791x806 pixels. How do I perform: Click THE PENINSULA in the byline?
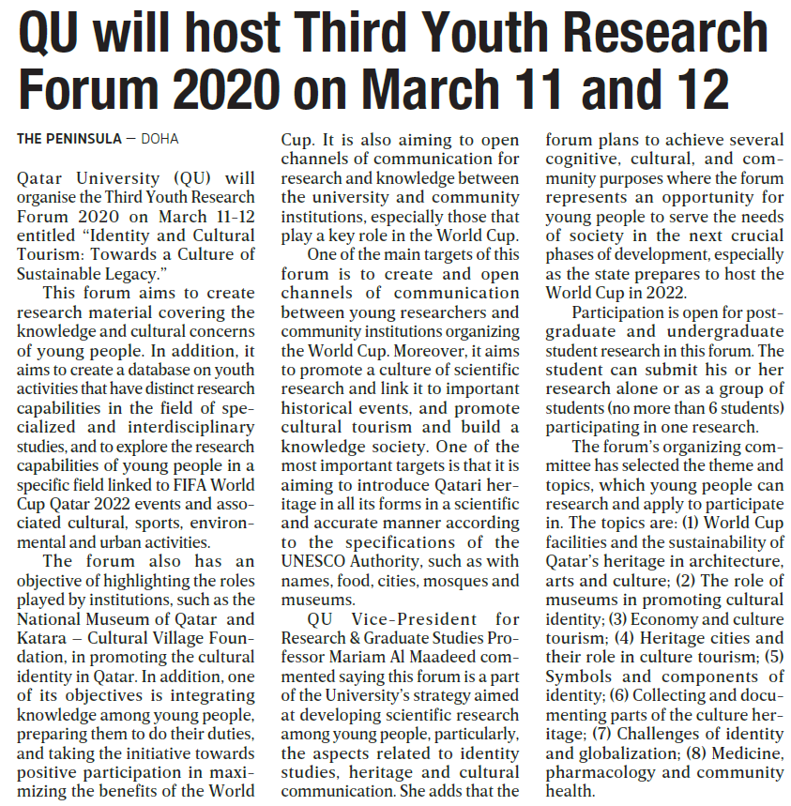69,139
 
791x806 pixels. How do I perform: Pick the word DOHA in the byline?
160,139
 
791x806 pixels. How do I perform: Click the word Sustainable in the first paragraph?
59,272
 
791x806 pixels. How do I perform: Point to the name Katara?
43,637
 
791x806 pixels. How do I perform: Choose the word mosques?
456,580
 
